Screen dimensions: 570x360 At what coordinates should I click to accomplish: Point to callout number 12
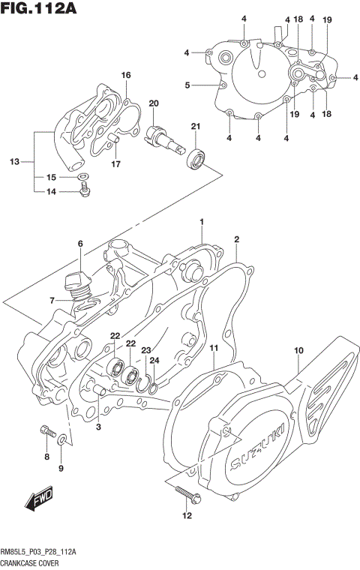[x=187, y=516]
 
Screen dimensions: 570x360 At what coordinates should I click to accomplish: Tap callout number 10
[x=298, y=350]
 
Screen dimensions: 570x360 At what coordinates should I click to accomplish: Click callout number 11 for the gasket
[x=214, y=349]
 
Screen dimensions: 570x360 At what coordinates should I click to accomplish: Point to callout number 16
[x=126, y=75]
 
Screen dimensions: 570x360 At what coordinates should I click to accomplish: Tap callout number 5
[x=187, y=85]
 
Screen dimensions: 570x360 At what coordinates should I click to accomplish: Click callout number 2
[x=236, y=239]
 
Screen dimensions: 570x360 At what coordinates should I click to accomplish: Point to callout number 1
[x=202, y=222]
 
